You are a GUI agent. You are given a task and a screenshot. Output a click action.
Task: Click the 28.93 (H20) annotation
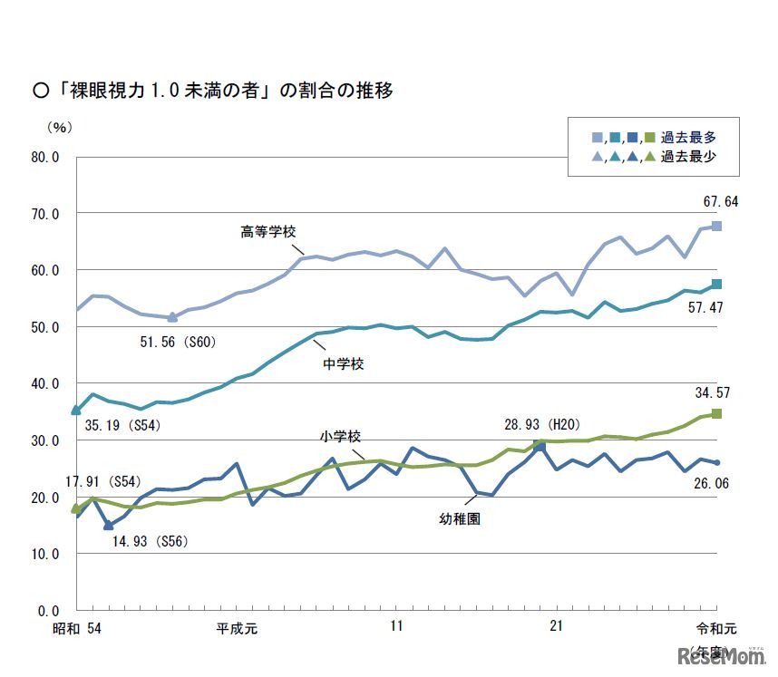click(x=542, y=424)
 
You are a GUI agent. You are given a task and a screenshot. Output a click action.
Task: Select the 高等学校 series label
click(x=269, y=231)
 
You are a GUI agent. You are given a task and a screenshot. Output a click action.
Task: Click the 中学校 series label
click(x=345, y=365)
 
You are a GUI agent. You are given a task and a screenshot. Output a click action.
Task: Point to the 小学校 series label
click(x=339, y=436)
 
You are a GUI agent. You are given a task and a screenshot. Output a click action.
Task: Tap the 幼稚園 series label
click(x=461, y=521)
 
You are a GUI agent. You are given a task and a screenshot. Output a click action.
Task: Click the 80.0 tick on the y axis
click(x=45, y=157)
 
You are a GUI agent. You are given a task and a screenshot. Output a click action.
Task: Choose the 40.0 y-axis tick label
click(x=45, y=383)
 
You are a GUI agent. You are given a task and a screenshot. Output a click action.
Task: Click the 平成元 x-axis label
click(x=237, y=626)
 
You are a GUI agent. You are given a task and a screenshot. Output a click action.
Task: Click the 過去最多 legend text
click(x=689, y=138)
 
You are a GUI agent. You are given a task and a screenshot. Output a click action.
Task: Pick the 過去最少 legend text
click(x=689, y=157)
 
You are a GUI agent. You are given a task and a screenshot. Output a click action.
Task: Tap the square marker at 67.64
click(x=716, y=226)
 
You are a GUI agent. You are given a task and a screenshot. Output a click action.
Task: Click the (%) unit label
click(x=57, y=127)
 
